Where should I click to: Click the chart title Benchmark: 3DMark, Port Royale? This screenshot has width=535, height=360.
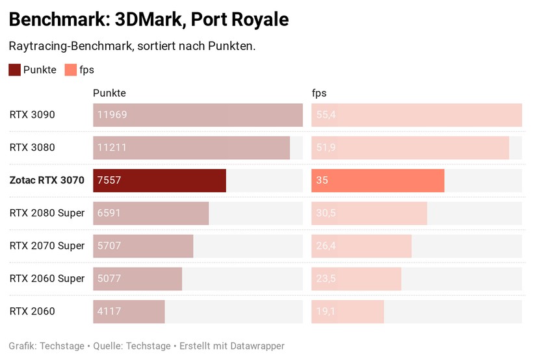tap(149, 19)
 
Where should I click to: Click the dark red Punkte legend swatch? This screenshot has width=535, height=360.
tap(14, 70)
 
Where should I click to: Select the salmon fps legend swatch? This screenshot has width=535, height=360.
tap(70, 70)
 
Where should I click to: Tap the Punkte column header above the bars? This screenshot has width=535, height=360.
tap(109, 93)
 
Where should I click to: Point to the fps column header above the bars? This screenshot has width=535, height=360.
tap(319, 93)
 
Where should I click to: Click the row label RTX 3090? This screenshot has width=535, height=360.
tap(32, 115)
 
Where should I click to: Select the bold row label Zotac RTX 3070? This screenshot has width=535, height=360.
tap(47, 181)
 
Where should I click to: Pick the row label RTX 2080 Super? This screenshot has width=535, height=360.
tap(47, 213)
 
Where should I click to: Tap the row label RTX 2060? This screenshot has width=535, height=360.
tap(32, 311)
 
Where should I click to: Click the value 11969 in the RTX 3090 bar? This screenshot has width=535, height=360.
tap(112, 115)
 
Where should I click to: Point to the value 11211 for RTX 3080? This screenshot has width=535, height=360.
tap(112, 148)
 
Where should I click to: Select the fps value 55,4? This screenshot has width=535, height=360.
tap(326, 115)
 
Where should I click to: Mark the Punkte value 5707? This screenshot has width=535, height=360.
tap(109, 246)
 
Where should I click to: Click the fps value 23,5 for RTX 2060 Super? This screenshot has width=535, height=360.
tap(326, 279)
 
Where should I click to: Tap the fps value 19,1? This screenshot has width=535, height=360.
tap(325, 311)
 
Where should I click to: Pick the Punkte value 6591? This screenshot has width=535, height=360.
tap(109, 213)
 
